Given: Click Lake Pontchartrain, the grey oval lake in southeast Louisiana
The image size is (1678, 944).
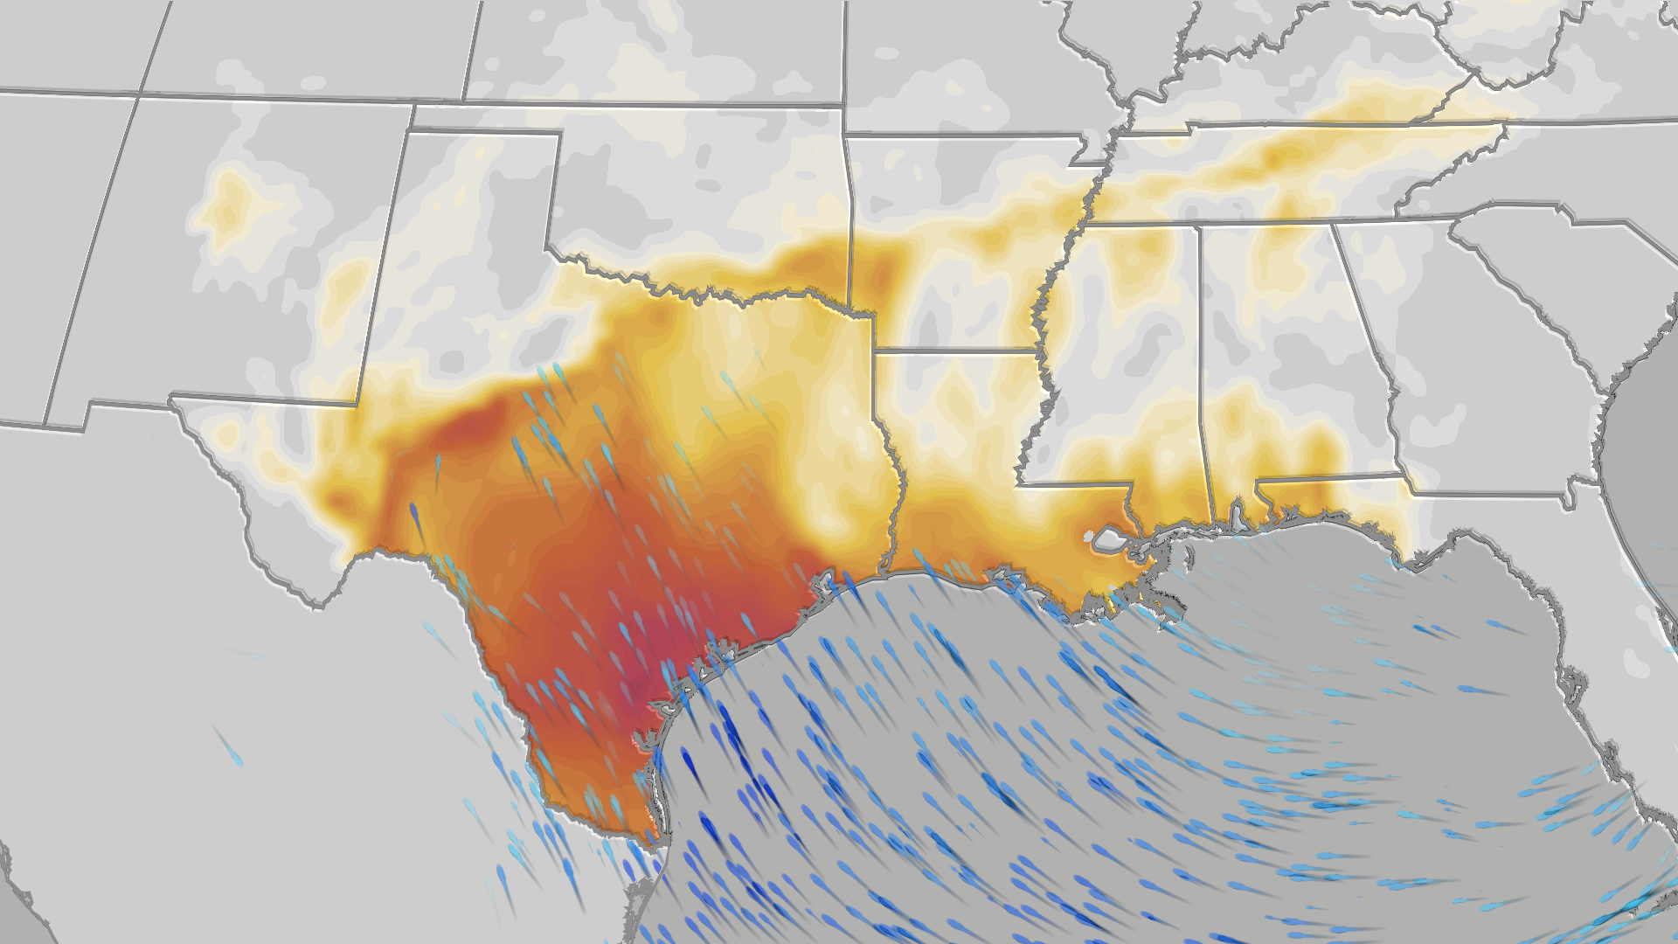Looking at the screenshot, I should (1108, 539).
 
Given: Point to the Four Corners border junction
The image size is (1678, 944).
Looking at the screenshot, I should (138, 94).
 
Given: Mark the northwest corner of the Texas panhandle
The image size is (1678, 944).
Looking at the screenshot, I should (412, 131).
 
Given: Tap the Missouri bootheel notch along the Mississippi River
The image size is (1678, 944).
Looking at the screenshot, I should (1088, 157).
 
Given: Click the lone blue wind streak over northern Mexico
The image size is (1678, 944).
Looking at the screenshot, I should (229, 747).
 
